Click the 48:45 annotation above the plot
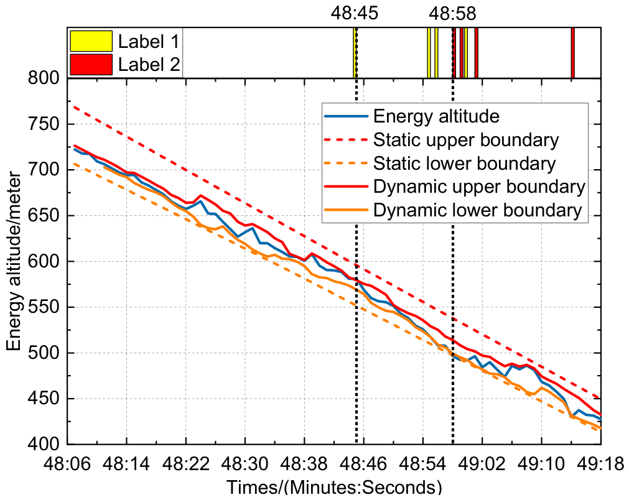pos(354,13)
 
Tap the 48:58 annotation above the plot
pos(452,13)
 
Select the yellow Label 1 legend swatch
pos(91,41)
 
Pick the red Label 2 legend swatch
pos(91,65)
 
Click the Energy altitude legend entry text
pos(437,116)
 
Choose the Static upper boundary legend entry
pos(466,140)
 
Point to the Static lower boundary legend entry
pos(465,163)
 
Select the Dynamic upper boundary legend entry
pos(480,187)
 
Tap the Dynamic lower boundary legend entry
pos(478,210)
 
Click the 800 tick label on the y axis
pos(44,78)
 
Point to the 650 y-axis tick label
pos(44,216)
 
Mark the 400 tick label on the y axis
pos(44,444)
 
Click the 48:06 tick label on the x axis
pos(67,465)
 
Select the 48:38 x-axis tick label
pos(304,465)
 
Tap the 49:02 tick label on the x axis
pos(482,465)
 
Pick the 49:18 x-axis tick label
pos(601,465)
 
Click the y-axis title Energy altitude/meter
pos(14,261)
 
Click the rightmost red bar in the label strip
pos(573,52)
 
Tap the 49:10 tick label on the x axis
pos(541,465)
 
